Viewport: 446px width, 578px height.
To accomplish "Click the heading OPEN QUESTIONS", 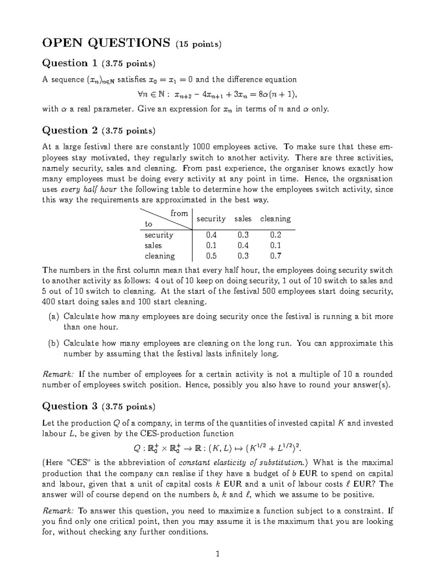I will pyautogui.click(x=106, y=43).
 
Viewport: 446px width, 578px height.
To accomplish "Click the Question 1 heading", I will pyautogui.click(x=70, y=63).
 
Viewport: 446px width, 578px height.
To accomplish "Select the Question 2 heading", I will pyautogui.click(x=70, y=130).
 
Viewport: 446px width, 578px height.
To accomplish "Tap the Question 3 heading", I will pyautogui.click(x=70, y=406).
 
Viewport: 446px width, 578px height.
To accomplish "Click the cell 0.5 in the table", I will pyautogui.click(x=211, y=256).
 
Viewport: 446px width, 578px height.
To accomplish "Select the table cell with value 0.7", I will pyautogui.click(x=275, y=256).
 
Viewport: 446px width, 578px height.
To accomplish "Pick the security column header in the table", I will pyautogui.click(x=211, y=219).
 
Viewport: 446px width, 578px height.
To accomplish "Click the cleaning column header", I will pyautogui.click(x=275, y=219).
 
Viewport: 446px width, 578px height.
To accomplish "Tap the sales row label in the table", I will pyautogui.click(x=153, y=246).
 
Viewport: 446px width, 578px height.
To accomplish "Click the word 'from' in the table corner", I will pyautogui.click(x=179, y=213).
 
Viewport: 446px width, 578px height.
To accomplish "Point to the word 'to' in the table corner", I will pyautogui.click(x=149, y=224).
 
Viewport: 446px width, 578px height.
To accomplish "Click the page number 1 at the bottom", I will pyautogui.click(x=218, y=554).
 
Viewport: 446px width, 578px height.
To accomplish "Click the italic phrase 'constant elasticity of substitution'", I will pyautogui.click(x=241, y=463).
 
